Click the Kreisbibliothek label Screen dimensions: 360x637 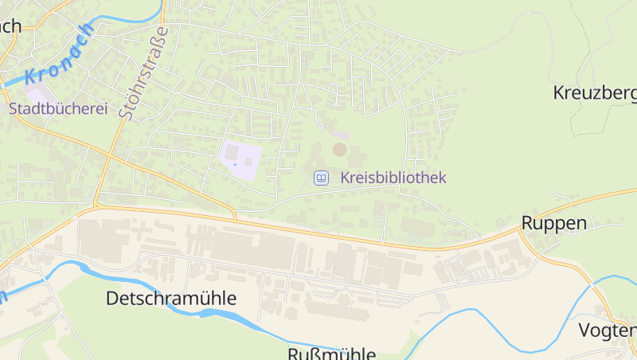[393, 178]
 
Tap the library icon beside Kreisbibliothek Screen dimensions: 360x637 [321, 178]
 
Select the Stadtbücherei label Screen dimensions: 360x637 [57, 108]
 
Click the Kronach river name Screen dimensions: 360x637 [59, 53]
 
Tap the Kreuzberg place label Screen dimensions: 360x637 [594, 93]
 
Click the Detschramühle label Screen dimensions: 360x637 [171, 299]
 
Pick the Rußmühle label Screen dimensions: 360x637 [331, 354]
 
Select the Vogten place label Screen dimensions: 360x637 [607, 331]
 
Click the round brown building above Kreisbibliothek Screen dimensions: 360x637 [340, 149]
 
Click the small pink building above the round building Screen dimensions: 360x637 [341, 135]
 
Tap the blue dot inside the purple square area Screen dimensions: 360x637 [235, 164]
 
